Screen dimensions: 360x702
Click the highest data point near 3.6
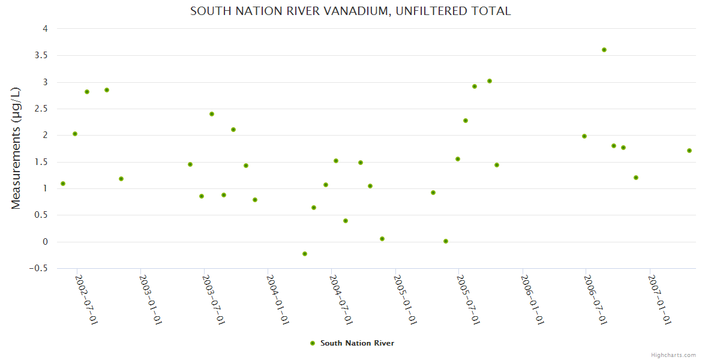(x=604, y=50)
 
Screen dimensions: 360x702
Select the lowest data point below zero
(x=305, y=254)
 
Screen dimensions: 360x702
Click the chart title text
(x=350, y=11)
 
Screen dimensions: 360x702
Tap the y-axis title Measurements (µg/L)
(x=16, y=148)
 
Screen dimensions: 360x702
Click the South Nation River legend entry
(x=352, y=343)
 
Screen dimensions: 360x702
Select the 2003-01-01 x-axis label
(x=150, y=299)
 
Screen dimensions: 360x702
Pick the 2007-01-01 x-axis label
(x=659, y=299)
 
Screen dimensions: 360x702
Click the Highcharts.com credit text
(x=673, y=355)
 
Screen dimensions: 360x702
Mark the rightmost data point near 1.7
(x=689, y=151)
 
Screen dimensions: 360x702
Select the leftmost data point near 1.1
(x=63, y=184)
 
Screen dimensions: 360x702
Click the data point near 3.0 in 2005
(x=490, y=81)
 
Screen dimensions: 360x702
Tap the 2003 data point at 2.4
(x=212, y=114)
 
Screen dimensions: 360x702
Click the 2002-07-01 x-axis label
(x=86, y=299)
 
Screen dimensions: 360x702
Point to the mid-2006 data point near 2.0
(x=584, y=136)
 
